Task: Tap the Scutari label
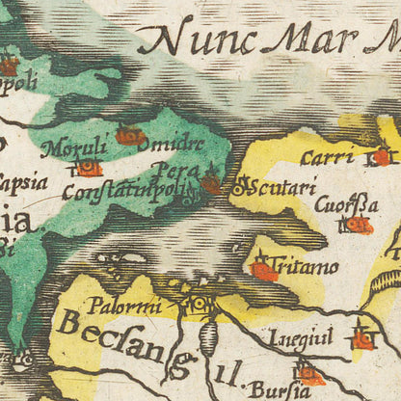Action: point(281,188)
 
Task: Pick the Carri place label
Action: point(325,157)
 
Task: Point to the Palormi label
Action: point(120,308)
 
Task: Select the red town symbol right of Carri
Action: point(383,156)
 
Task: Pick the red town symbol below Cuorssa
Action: point(359,225)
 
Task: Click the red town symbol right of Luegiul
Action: point(362,339)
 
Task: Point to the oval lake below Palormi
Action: point(213,338)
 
